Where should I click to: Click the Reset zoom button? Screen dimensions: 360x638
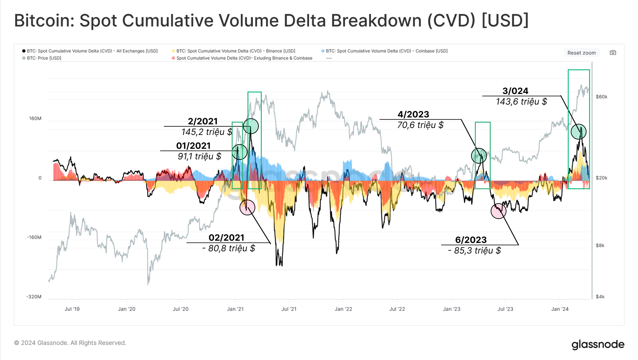[x=581, y=53]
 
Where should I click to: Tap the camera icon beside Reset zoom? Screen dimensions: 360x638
[x=613, y=53]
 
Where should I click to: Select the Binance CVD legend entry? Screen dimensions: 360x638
[x=235, y=51]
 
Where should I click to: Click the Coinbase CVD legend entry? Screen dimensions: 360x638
[x=386, y=51]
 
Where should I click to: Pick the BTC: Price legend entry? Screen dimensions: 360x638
[x=44, y=58]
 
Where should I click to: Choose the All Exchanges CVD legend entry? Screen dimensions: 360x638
[x=92, y=51]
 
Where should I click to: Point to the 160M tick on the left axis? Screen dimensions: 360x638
[x=35, y=118]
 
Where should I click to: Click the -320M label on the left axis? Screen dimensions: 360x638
[x=34, y=297]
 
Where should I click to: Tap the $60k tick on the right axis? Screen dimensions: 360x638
[x=601, y=97]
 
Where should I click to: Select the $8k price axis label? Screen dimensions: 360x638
[x=600, y=245]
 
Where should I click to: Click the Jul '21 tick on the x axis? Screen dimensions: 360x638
[x=289, y=309]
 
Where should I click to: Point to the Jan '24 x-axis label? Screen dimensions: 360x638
[x=560, y=309]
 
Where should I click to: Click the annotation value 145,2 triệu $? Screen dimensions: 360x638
[x=207, y=132]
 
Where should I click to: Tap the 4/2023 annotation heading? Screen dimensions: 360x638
[x=413, y=114]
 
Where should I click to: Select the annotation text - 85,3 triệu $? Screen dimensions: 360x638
[x=474, y=251]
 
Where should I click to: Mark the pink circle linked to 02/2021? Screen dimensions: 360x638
[x=247, y=207]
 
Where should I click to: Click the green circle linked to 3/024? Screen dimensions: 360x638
[x=578, y=132]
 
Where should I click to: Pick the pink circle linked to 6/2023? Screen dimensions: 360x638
[x=498, y=211]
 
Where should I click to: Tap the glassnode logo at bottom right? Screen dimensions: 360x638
[x=598, y=345]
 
